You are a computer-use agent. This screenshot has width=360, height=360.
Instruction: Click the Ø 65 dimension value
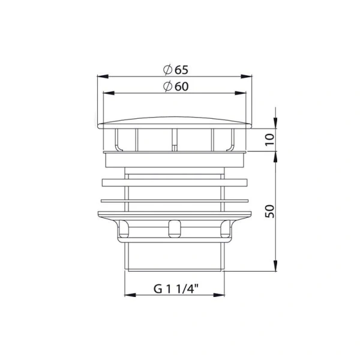179,70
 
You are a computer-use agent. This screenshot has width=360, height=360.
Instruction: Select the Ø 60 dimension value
179,86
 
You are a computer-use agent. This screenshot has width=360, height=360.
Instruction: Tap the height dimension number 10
269,139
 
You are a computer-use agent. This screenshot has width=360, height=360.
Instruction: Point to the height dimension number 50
269,211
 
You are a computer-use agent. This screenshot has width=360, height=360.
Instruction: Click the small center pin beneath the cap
174,146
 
